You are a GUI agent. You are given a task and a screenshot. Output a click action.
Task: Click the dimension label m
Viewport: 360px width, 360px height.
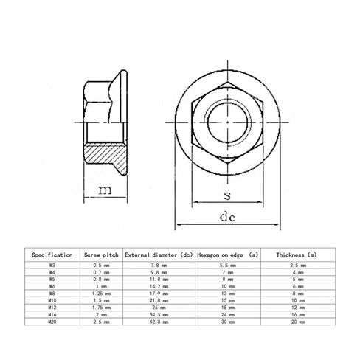pos(105,190)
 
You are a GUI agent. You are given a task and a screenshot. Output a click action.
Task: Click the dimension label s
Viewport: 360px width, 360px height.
pos(227,195)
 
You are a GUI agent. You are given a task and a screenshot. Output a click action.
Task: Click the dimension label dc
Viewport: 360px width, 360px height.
pos(227,217)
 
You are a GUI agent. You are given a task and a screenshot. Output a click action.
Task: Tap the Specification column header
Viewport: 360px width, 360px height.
pos(52,255)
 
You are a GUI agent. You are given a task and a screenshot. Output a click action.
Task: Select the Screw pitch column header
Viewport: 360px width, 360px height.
pos(101,255)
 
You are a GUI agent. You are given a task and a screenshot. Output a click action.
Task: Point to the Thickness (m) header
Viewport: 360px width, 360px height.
pos(297,255)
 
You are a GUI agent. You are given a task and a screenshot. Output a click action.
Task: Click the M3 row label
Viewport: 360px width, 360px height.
pos(52,266)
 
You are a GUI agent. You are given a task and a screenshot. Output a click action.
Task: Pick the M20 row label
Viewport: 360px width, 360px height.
pos(52,322)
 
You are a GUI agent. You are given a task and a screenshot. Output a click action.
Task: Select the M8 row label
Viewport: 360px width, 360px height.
pos(52,294)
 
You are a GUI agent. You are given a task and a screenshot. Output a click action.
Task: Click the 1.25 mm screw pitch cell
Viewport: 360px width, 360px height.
pos(101,294)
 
